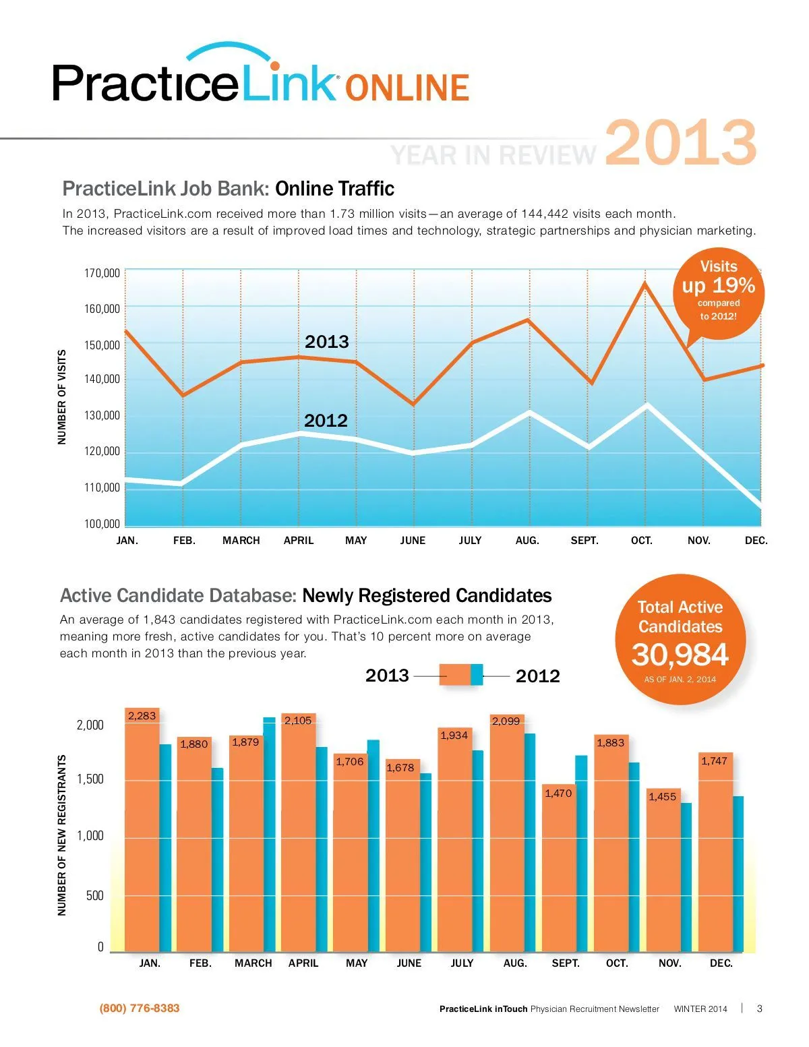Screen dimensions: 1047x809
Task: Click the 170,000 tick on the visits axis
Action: tap(102, 273)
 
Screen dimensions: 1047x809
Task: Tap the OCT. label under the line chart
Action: tap(641, 541)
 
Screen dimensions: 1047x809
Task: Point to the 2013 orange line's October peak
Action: tap(645, 283)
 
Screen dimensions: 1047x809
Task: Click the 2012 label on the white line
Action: tap(326, 421)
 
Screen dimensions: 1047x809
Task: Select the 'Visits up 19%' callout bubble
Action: tap(718, 292)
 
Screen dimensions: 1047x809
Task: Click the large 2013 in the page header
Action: tap(681, 143)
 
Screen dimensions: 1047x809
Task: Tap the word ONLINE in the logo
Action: tap(407, 88)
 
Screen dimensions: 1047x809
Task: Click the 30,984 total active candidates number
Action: tap(680, 655)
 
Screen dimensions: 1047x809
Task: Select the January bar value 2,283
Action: tap(142, 716)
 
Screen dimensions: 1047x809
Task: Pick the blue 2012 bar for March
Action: tap(269, 836)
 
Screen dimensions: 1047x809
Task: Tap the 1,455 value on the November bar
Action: tap(662, 797)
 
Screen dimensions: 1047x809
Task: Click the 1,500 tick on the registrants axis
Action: tap(90, 779)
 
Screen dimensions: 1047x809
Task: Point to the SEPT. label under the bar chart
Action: tap(566, 963)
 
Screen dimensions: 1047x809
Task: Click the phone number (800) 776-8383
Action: tap(140, 1009)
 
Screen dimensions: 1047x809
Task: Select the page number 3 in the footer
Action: tap(760, 1009)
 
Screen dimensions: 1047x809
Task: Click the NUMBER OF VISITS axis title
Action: tap(62, 397)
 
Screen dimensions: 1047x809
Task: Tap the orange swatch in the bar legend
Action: tap(454, 675)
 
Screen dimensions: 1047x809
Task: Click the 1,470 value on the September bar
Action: tap(558, 794)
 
